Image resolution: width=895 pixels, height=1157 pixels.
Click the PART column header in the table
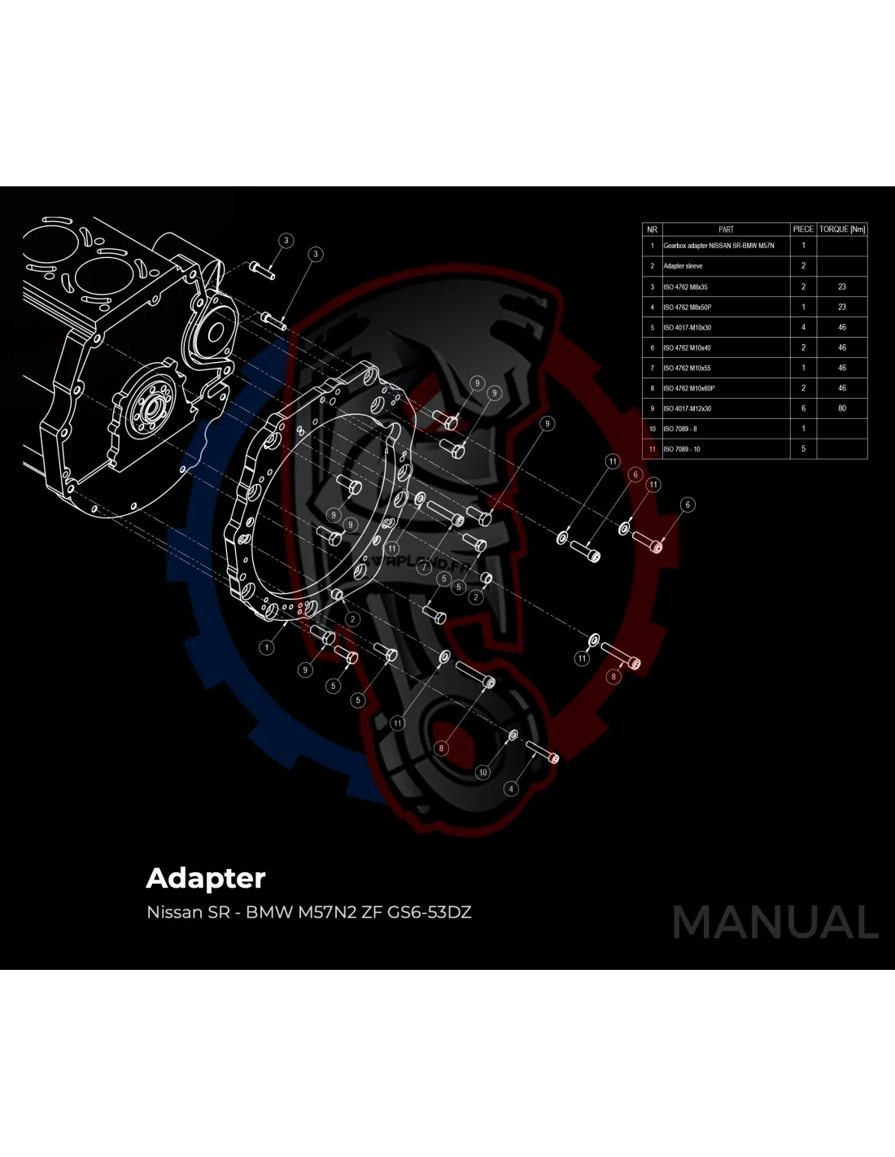click(726, 229)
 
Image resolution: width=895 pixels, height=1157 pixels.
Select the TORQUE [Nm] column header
click(842, 229)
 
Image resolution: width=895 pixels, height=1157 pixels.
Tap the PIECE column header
click(803, 229)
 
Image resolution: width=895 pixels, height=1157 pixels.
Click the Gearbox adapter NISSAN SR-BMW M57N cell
click(718, 246)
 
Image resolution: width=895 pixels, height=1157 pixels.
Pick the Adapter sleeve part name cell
click(683, 266)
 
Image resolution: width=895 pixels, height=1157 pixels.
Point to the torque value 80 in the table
click(842, 408)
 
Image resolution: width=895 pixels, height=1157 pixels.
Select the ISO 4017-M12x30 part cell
click(688, 408)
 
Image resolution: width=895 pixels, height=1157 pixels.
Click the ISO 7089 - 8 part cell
click(680, 429)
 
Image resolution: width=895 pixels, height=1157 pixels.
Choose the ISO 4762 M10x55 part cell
click(688, 368)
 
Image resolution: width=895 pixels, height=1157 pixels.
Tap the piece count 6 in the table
click(803, 408)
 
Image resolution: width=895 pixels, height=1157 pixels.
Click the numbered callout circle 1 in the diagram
click(267, 648)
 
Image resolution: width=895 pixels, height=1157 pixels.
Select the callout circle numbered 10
click(483, 772)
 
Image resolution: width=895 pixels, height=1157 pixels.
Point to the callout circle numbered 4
click(511, 788)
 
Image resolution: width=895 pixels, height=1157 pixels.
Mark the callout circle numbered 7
click(424, 567)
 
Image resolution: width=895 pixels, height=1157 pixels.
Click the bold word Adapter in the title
click(206, 879)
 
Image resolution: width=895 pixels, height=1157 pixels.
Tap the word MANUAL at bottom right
click(775, 923)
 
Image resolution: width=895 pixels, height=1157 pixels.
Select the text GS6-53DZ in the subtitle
click(430, 912)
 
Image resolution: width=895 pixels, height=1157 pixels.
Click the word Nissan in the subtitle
click(174, 912)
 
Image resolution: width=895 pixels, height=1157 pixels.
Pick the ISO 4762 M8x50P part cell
click(688, 307)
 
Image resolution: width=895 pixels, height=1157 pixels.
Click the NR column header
click(652, 229)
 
